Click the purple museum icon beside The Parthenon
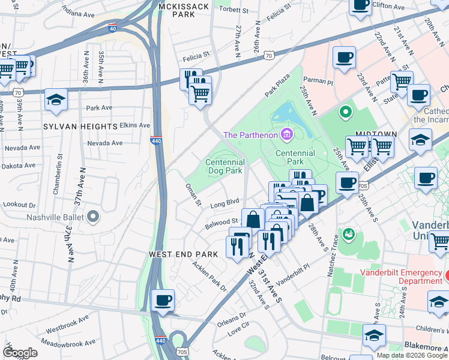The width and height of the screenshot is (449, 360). tap(286, 134)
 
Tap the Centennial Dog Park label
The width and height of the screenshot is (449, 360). tap(225, 166)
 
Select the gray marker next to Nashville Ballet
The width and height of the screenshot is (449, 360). tap(92, 216)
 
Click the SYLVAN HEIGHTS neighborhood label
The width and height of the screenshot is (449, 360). tap(80, 127)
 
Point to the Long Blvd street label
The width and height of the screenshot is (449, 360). tap(225, 204)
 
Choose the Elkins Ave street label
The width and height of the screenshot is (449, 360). tap(134, 125)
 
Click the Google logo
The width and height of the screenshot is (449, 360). tap(20, 353)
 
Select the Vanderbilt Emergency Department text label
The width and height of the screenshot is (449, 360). tap(401, 277)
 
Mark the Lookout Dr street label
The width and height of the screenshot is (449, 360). tap(15, 205)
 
